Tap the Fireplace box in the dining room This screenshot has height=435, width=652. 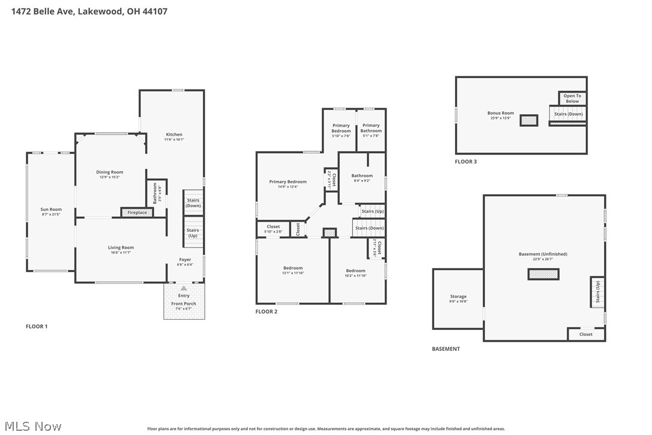pos(137,212)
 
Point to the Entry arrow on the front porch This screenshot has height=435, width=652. pos(184,288)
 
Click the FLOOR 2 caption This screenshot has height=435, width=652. pos(267,312)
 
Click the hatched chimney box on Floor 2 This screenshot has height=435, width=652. pos(329,233)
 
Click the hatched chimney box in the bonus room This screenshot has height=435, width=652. pos(529,120)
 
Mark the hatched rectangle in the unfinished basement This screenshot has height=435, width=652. pos(543,274)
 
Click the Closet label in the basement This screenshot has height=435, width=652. pos(585,334)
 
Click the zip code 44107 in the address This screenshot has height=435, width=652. pos(155,11)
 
